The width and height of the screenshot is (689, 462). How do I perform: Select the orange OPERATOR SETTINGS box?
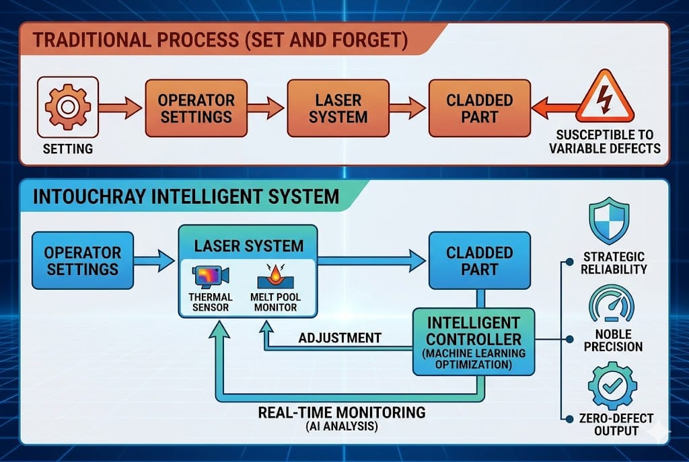(x=196, y=108)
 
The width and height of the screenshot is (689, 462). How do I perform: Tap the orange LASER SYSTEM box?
(x=338, y=108)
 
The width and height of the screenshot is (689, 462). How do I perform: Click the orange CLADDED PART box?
(x=480, y=108)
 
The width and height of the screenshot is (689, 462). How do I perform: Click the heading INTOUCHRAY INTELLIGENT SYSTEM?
(x=185, y=197)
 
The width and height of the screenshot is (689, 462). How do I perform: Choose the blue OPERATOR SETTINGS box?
(x=83, y=261)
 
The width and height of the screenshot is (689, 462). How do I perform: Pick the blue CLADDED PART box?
(x=480, y=261)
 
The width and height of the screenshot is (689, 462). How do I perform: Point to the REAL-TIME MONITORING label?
(x=341, y=412)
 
